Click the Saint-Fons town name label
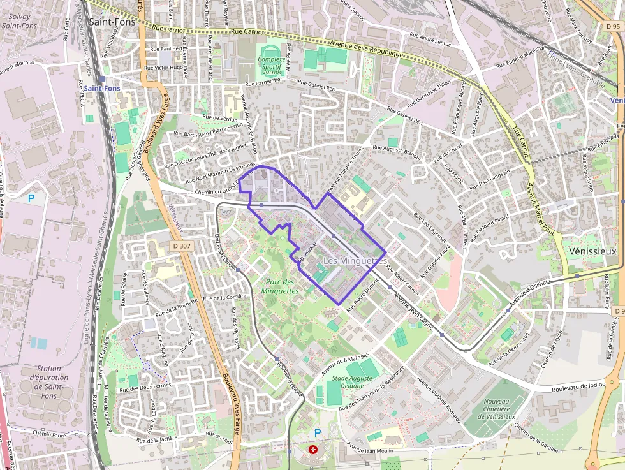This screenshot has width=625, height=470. [112, 21]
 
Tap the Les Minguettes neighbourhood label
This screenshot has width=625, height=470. [355, 261]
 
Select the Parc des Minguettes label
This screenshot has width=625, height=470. [279, 286]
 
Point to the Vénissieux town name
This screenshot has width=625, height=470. [591, 251]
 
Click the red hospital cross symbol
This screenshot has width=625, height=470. [312, 450]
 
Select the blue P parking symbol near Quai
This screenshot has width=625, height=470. [31, 198]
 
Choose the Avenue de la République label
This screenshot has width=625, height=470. [367, 49]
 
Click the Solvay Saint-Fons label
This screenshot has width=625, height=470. [18, 20]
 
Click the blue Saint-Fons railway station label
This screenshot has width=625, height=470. [102, 88]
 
